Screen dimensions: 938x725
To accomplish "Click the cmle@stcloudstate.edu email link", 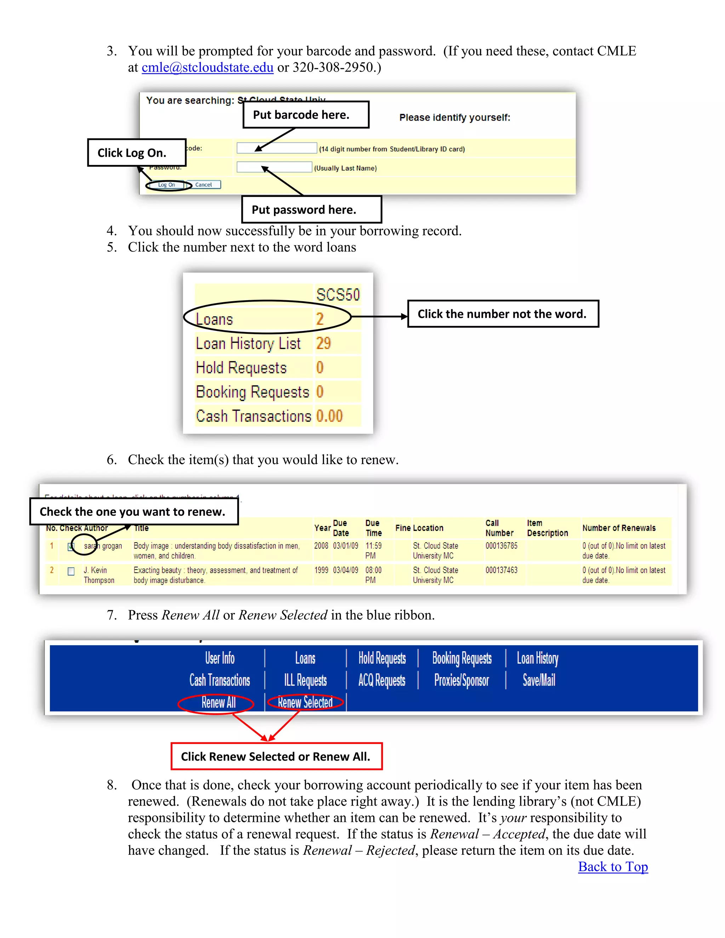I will (207, 67).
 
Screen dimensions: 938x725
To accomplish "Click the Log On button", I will (167, 185).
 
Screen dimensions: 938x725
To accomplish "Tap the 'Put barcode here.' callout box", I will (306, 115).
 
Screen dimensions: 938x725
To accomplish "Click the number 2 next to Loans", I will (320, 319).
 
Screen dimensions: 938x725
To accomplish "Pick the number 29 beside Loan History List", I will (324, 343).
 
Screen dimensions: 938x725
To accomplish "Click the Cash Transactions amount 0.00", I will (330, 416).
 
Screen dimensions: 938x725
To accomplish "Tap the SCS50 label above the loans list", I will (338, 294).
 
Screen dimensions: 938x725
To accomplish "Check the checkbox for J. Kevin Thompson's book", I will (71, 571).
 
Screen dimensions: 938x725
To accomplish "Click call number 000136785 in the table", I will (501, 546).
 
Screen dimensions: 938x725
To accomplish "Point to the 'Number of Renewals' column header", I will (618, 528).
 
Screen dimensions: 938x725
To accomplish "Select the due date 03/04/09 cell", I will (345, 570).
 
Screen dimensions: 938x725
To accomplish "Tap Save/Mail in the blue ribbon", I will (538, 680).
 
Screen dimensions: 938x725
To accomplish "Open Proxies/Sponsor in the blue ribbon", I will (461, 680).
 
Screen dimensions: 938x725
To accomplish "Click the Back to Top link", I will (612, 867).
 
